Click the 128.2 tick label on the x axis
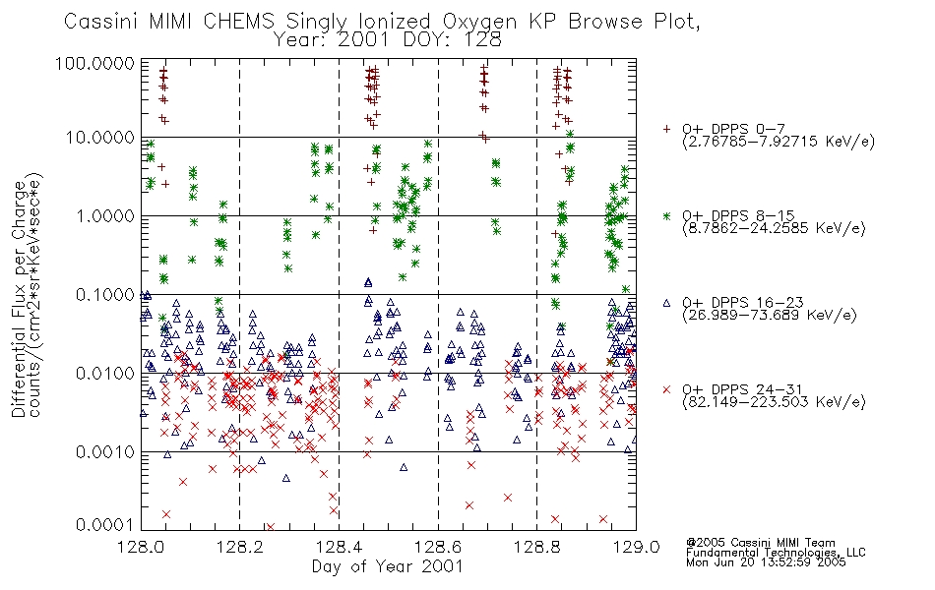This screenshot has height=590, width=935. (240, 547)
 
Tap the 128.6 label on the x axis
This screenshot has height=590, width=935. (438, 547)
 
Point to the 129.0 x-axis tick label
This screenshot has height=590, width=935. (636, 547)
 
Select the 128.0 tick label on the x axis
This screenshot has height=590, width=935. (142, 547)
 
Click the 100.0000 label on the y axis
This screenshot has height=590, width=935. (95, 63)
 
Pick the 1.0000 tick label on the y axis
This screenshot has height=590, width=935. (105, 215)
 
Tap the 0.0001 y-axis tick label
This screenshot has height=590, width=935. (105, 524)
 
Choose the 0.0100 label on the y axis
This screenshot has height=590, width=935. (105, 373)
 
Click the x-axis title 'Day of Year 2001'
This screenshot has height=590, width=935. (388, 566)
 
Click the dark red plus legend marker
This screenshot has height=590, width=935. (666, 129)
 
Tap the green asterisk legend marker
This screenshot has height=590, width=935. (666, 215)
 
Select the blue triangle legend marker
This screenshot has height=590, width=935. (666, 303)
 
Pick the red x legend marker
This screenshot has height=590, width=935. (666, 389)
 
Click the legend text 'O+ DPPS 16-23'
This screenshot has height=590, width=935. (743, 302)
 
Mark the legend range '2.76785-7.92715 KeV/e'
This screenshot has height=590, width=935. (779, 142)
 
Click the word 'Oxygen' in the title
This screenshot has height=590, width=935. (480, 22)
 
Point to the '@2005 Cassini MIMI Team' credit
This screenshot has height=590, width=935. (760, 543)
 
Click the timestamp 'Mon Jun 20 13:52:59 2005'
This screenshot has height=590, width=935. (766, 562)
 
